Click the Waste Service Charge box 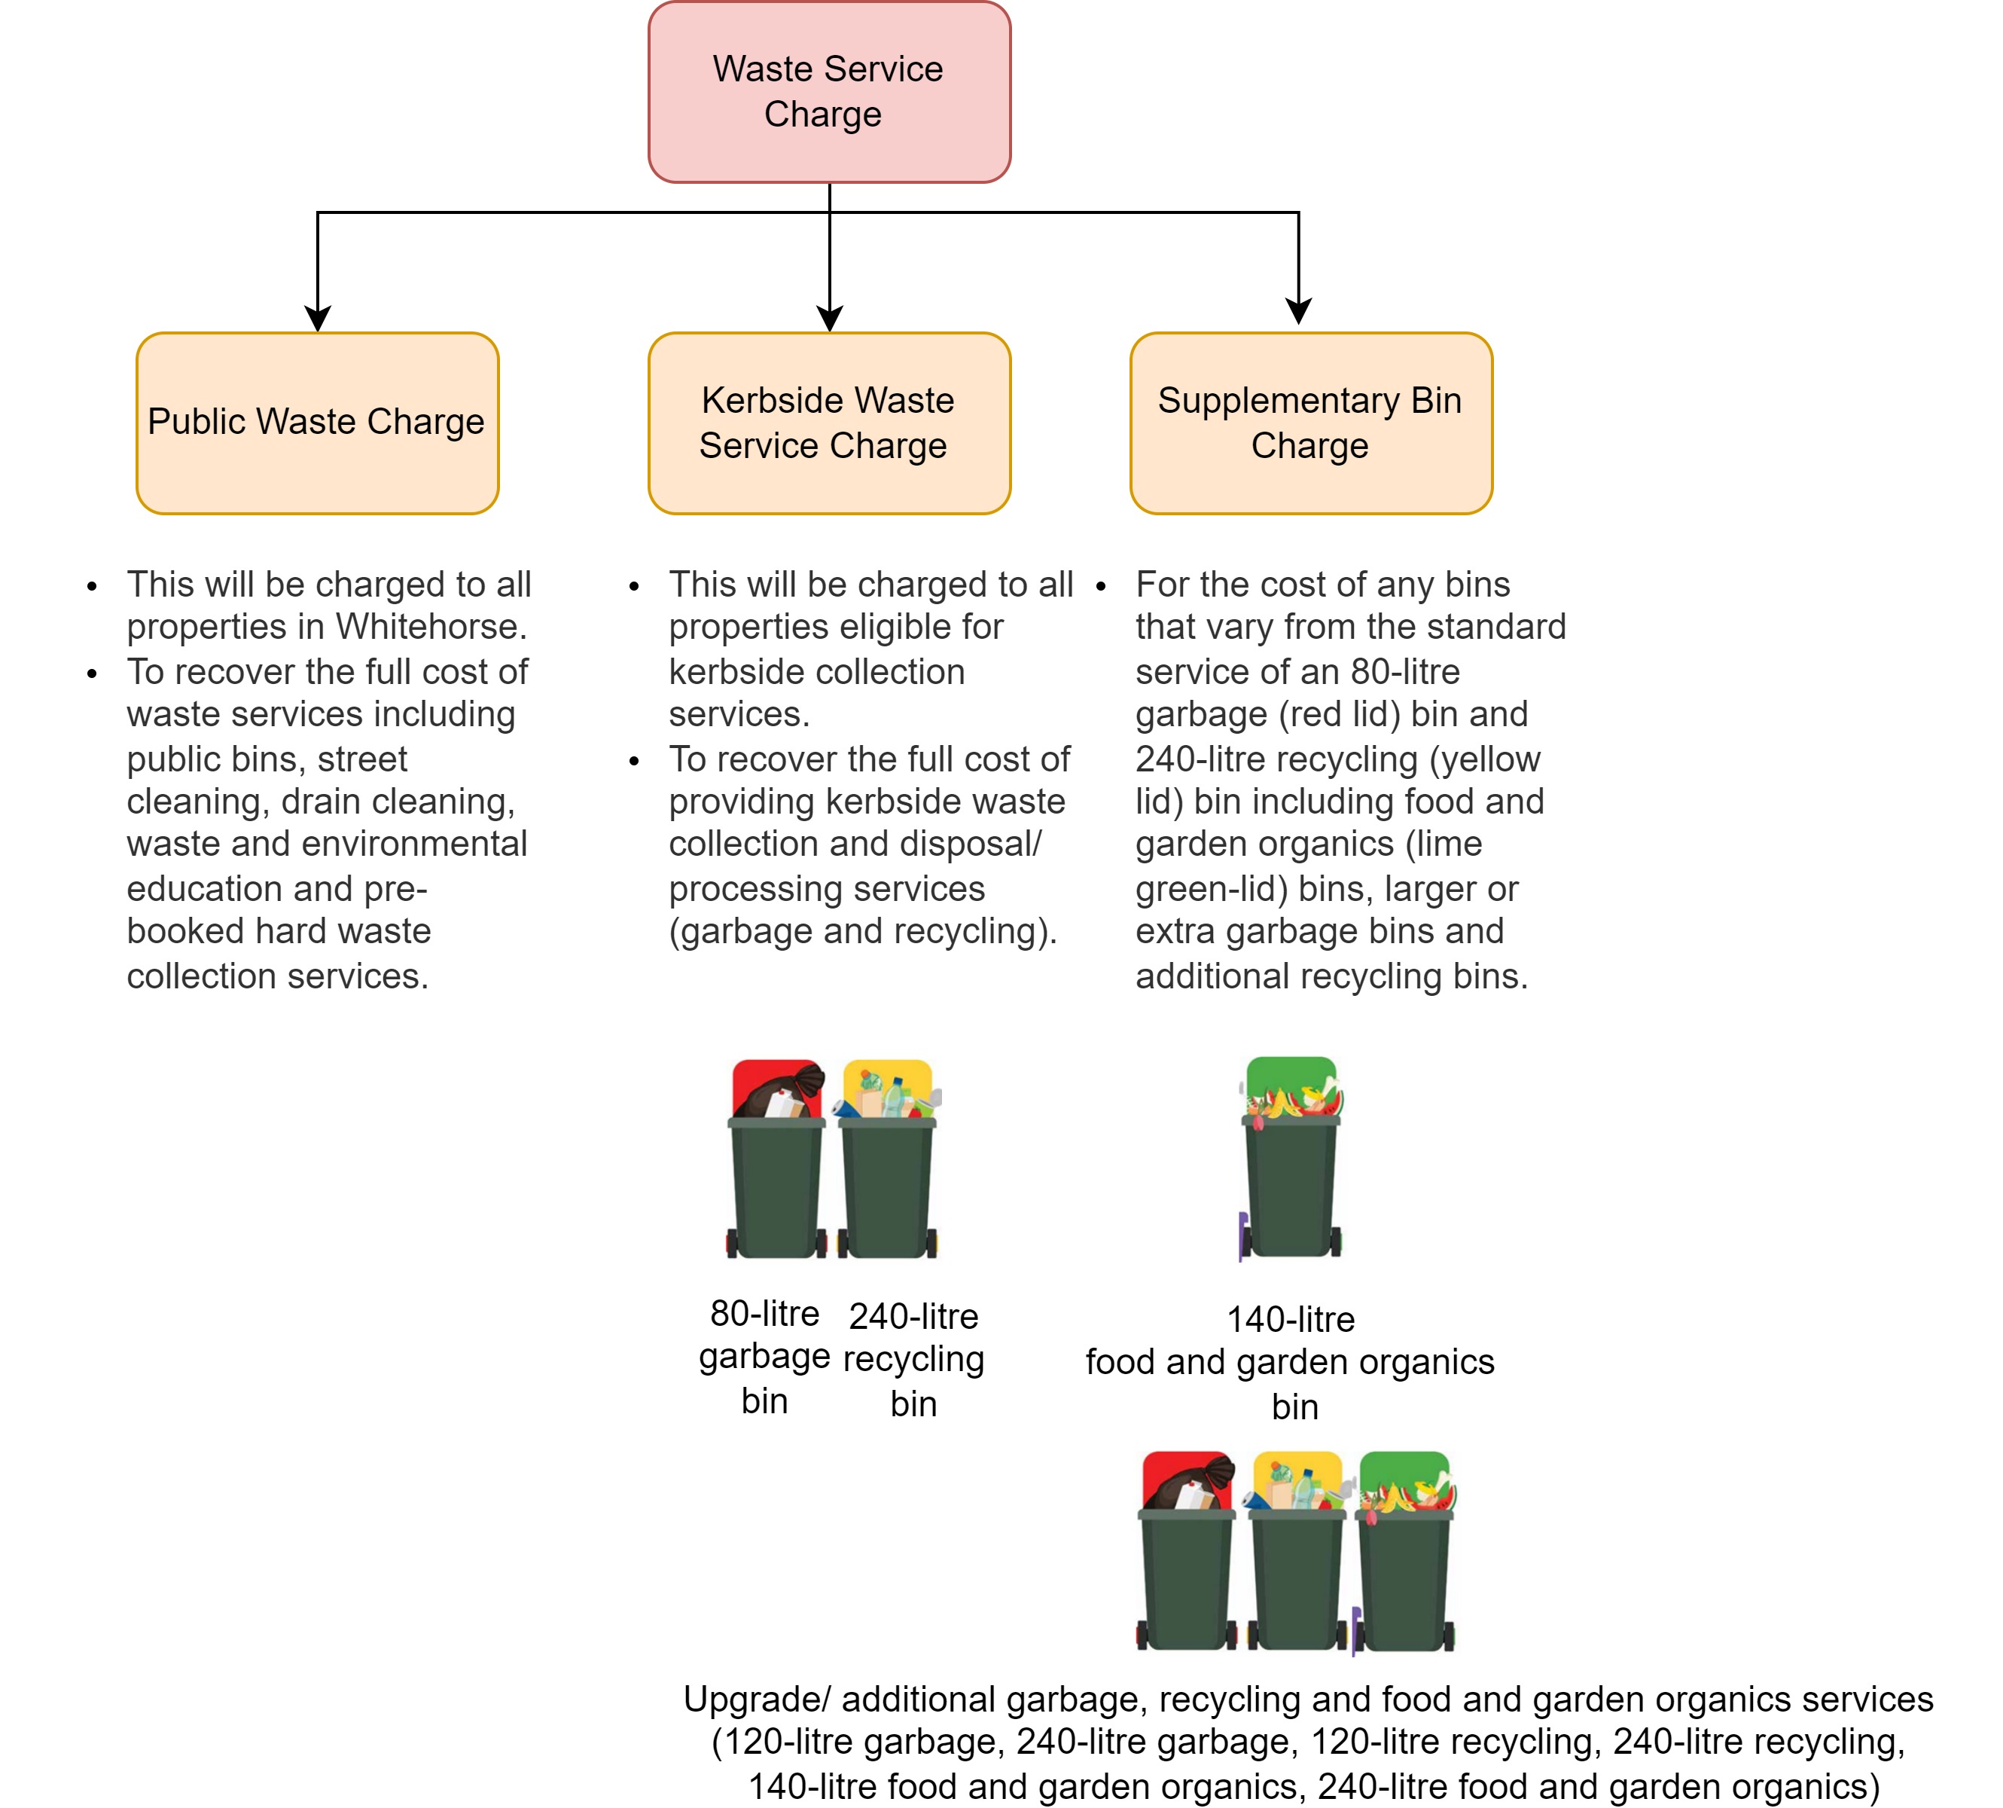(828, 91)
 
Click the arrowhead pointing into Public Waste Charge (317, 318)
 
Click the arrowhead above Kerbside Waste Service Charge (829, 318)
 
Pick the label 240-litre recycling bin (913, 1359)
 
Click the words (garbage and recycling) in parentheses (862, 932)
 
